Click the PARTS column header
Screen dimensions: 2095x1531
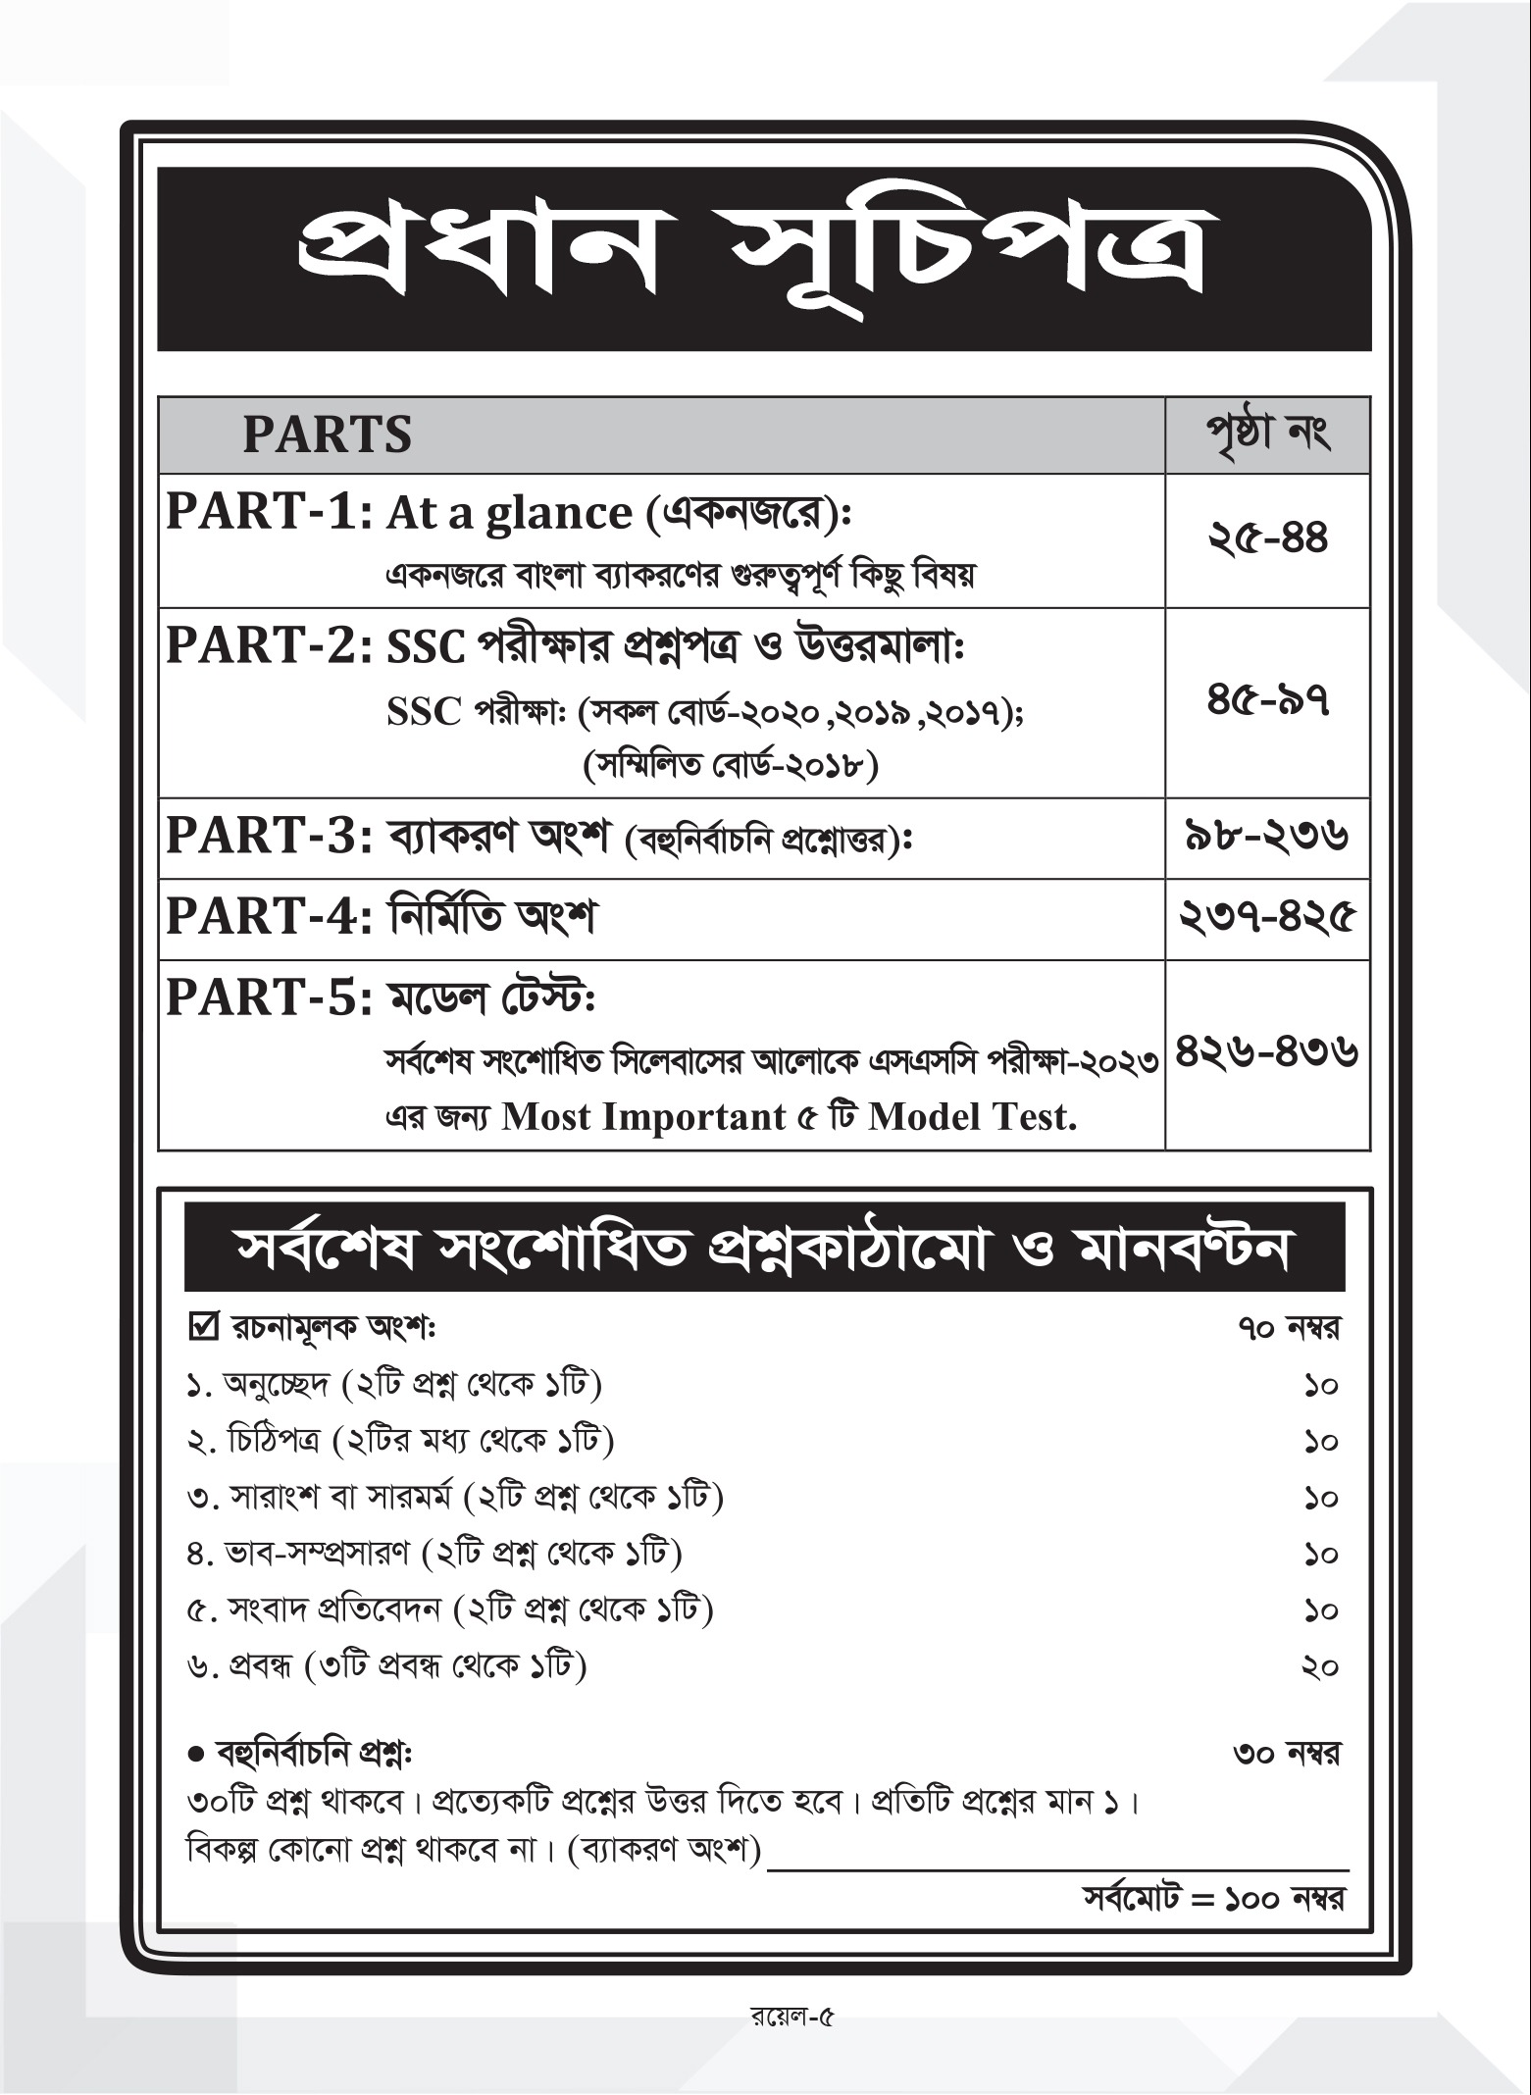(328, 434)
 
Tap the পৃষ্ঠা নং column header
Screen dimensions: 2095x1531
(1267, 434)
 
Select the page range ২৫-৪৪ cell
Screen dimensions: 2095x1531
(1267, 538)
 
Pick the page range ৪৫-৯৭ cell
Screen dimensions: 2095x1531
(1267, 701)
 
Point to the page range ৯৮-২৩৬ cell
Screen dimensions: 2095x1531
(1267, 837)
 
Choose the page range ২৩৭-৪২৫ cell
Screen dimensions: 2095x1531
(1267, 918)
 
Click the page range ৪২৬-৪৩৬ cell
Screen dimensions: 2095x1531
(1267, 1053)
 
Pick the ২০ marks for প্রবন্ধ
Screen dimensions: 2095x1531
(1320, 1666)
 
